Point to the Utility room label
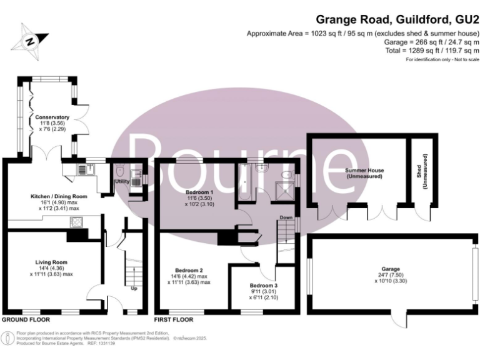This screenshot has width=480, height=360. click(x=121, y=181)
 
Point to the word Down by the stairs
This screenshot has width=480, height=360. click(x=286, y=217)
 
